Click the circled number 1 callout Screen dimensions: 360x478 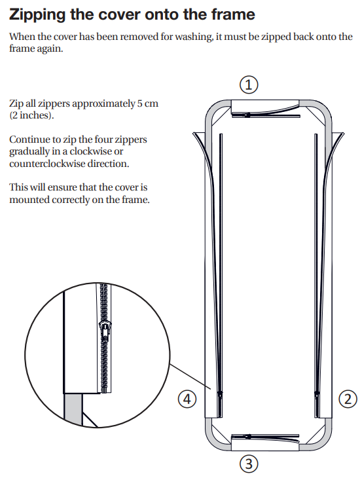tap(249, 84)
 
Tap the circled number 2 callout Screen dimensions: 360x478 tap(348, 399)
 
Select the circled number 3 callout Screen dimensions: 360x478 tap(249, 464)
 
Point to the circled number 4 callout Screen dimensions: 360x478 tap(187, 399)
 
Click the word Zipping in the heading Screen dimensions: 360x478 tap(38, 15)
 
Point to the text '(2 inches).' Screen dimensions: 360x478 tap(31, 116)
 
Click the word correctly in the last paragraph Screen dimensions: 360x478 tap(71, 200)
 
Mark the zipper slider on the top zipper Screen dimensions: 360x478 tap(247, 115)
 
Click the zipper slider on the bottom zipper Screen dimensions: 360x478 tap(247, 436)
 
